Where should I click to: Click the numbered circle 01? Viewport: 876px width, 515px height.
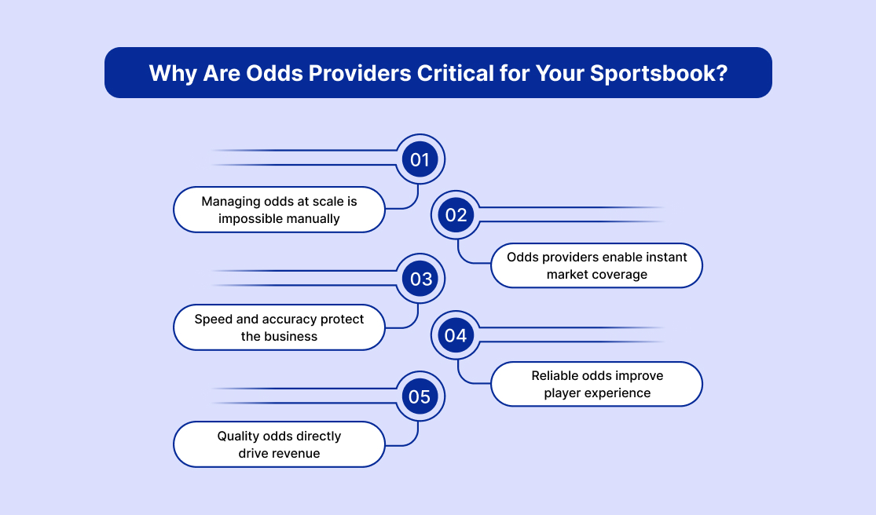click(420, 160)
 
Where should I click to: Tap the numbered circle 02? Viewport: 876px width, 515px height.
click(456, 215)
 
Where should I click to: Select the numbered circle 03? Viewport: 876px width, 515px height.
click(420, 279)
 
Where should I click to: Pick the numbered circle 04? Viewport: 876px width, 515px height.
click(456, 335)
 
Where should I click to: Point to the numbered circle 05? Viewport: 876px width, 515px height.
click(420, 396)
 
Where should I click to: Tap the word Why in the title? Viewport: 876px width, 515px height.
click(171, 73)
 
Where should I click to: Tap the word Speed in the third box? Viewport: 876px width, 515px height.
click(213, 320)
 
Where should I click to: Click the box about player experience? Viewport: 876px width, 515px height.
click(597, 384)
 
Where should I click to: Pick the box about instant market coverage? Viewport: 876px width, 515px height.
click(597, 265)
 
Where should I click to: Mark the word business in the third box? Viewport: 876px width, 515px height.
click(292, 336)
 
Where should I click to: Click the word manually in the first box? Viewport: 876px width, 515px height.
click(313, 218)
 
